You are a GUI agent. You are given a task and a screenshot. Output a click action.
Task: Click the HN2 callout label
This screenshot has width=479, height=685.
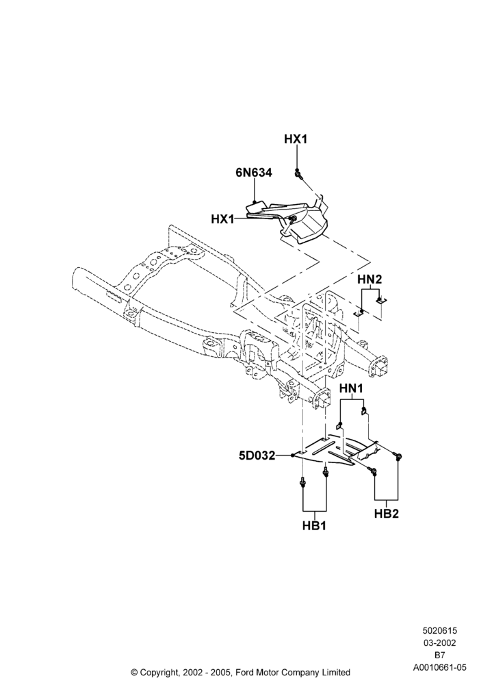(370, 279)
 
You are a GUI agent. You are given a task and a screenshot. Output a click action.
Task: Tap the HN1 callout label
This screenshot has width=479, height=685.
(351, 388)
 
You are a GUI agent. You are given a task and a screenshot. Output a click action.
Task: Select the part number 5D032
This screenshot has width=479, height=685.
(257, 456)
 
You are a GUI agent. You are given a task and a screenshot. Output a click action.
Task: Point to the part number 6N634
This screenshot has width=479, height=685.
(253, 173)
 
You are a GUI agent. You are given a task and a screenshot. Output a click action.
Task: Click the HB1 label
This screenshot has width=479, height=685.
(314, 526)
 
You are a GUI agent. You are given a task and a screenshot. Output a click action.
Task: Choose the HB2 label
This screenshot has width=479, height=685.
(387, 514)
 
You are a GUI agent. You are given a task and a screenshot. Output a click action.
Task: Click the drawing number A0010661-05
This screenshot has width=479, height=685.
(439, 667)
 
